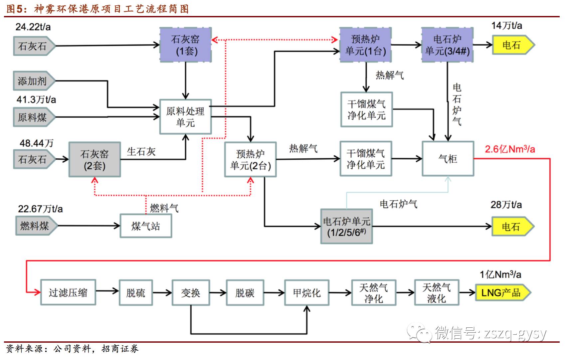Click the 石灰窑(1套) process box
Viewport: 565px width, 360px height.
click(186, 45)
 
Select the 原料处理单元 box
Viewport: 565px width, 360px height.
click(185, 117)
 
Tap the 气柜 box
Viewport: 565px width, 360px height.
click(448, 159)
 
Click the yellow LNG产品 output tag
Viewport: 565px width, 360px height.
click(502, 293)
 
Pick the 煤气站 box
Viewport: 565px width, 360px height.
click(146, 226)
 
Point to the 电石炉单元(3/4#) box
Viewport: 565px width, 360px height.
click(447, 45)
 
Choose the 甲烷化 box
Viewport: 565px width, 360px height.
click(307, 293)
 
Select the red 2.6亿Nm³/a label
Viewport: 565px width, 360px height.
click(509, 149)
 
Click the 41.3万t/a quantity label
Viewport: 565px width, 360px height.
click(36, 99)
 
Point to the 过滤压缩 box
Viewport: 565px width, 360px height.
click(68, 293)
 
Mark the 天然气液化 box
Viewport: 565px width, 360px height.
click(437, 293)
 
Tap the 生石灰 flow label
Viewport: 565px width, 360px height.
click(141, 152)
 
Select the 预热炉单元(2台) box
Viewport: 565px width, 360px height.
click(250, 159)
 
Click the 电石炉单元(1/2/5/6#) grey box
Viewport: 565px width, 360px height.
click(346, 227)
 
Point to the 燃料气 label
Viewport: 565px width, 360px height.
click(164, 208)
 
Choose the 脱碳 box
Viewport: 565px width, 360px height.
click(245, 293)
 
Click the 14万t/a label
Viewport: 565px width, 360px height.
click(507, 26)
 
